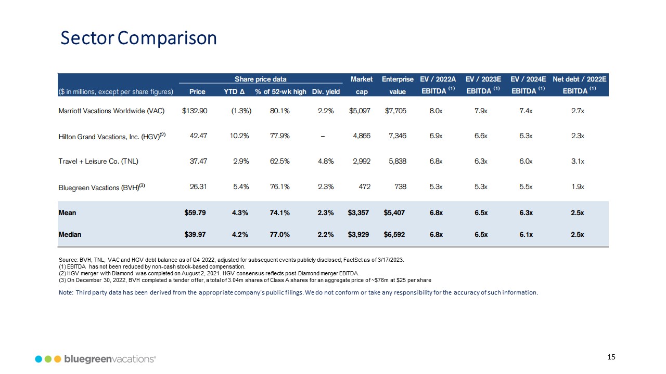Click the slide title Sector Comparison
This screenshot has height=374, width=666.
(x=138, y=38)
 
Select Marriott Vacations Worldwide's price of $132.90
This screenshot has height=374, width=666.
(x=195, y=111)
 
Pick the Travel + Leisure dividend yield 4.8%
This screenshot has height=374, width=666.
(x=325, y=161)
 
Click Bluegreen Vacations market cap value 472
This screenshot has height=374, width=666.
(x=363, y=186)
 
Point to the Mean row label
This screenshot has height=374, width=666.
(x=67, y=212)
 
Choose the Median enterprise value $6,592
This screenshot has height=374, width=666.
(x=394, y=234)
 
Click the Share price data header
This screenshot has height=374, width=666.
(x=261, y=79)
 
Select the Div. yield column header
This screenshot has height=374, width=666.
(x=325, y=92)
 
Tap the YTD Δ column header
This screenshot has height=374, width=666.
(x=230, y=92)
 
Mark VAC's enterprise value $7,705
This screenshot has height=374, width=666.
(x=395, y=111)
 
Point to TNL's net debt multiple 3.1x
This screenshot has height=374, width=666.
(x=577, y=161)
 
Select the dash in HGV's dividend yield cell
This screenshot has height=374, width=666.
(x=323, y=136)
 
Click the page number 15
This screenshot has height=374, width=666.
(x=611, y=357)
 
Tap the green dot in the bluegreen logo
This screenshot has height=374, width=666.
(x=48, y=359)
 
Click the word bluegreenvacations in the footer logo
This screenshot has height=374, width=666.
(x=110, y=359)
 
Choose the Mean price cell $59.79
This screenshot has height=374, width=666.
(x=195, y=212)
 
